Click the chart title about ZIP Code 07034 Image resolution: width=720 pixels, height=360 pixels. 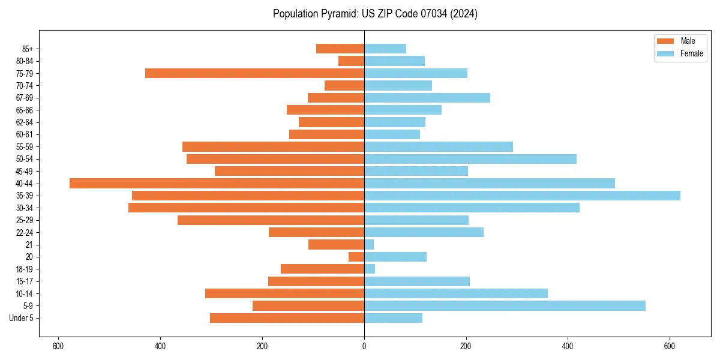(x=375, y=14)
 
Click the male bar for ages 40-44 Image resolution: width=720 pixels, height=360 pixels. (x=217, y=184)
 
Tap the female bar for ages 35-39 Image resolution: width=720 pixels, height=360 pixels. (x=522, y=196)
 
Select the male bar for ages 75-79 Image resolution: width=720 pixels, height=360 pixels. (x=254, y=73)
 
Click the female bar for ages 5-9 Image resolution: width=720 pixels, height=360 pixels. (x=505, y=306)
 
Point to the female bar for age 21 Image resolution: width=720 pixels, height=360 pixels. (x=369, y=245)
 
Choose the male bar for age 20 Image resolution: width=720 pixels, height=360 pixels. (x=356, y=257)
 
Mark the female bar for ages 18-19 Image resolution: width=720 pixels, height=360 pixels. (x=370, y=269)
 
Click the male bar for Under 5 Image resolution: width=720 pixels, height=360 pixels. (x=287, y=318)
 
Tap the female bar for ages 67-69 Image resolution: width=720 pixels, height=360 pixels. (x=427, y=98)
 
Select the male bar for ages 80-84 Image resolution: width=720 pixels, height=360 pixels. (x=351, y=61)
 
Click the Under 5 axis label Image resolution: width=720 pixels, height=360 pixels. (x=21, y=318)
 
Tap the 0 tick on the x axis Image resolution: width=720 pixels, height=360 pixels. (x=364, y=346)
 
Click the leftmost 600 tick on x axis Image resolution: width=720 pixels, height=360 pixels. (x=58, y=346)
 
